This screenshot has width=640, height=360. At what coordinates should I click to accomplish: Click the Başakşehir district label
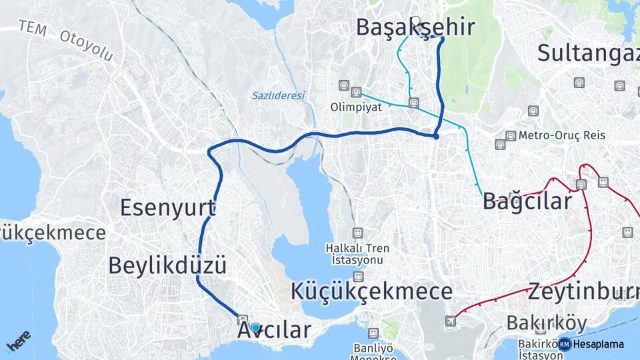point(415,27)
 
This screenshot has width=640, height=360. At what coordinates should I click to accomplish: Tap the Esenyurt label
point(167,207)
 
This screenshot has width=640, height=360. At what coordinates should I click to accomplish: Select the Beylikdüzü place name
point(167,265)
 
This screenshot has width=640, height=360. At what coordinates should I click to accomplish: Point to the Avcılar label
point(274,330)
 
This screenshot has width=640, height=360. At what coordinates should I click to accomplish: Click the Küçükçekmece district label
point(371,291)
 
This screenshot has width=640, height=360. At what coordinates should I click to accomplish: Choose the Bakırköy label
point(547,323)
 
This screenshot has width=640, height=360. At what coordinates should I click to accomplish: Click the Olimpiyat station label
point(356,107)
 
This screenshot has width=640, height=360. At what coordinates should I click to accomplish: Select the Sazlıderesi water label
point(278,95)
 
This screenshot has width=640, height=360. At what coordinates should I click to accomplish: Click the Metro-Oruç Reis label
point(562,135)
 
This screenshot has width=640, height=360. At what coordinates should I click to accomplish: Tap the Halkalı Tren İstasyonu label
point(357,253)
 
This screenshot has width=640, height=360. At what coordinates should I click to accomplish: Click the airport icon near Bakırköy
point(453,321)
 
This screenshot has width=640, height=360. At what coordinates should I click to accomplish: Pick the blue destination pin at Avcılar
point(255,327)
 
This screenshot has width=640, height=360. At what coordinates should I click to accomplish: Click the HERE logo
point(18,341)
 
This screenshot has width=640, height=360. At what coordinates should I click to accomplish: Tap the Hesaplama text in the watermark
point(599,345)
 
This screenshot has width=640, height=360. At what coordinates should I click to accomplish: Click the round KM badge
point(565,344)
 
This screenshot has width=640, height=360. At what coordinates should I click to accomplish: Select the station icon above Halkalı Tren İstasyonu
point(358,232)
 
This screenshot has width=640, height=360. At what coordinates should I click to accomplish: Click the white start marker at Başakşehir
point(416,21)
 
